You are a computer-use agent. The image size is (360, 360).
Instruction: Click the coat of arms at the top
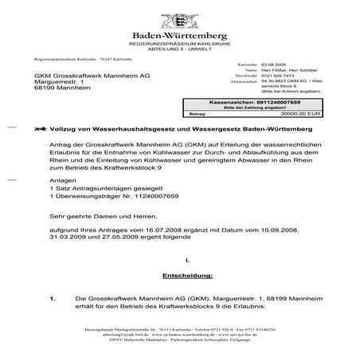179,19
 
